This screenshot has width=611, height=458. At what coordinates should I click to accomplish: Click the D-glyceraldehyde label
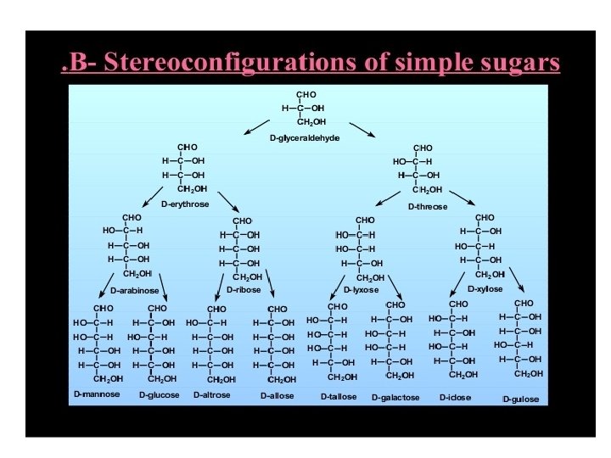304,137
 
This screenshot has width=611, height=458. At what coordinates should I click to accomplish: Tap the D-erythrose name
185,204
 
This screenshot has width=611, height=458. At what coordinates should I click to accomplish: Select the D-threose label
428,206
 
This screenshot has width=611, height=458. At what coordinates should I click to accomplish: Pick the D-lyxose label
362,290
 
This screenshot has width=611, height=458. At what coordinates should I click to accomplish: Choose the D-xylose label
485,289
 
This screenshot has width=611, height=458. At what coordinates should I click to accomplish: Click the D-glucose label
160,395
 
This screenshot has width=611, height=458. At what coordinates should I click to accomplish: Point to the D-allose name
277,396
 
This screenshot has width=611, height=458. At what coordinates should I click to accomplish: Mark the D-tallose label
339,396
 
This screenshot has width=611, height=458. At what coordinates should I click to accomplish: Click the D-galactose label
395,397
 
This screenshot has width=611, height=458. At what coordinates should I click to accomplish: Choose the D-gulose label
520,399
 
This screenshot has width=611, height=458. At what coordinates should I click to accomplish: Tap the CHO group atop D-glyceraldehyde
305,94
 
